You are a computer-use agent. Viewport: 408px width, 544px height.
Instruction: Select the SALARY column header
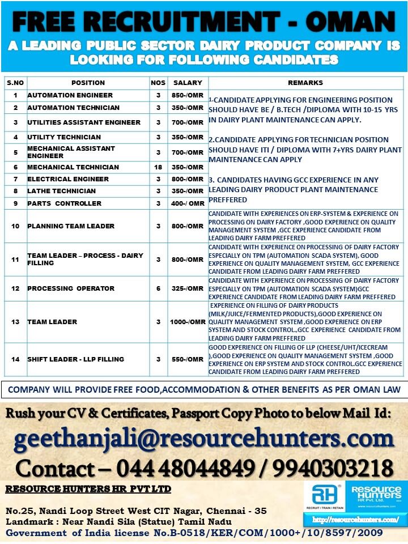click(188, 83)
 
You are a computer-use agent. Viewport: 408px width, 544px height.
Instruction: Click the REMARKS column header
click(305, 83)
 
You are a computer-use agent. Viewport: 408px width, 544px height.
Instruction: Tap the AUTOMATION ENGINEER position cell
click(70, 95)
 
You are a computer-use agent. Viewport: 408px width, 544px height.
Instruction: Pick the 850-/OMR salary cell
click(188, 95)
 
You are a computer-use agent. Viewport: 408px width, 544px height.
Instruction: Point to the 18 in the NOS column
click(158, 167)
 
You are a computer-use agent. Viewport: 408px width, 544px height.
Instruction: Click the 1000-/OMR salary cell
click(188, 322)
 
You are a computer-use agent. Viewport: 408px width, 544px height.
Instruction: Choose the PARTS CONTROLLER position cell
click(65, 203)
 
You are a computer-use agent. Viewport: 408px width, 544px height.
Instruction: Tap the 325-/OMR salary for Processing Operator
click(188, 288)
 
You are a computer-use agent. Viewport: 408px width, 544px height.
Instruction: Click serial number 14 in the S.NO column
click(15, 359)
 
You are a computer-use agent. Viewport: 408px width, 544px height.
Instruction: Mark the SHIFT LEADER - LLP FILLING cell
click(76, 359)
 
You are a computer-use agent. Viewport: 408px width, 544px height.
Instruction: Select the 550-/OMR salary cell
click(188, 359)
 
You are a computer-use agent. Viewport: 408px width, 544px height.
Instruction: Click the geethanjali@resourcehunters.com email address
click(203, 439)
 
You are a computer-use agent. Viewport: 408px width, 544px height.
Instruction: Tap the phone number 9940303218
click(335, 468)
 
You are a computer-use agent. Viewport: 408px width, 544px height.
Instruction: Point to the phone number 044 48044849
click(185, 468)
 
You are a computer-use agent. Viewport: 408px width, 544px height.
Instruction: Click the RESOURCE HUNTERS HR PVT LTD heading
click(88, 489)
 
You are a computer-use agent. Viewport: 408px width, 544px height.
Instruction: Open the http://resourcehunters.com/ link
click(355, 519)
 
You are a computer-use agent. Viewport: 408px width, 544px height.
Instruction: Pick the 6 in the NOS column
click(158, 288)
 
